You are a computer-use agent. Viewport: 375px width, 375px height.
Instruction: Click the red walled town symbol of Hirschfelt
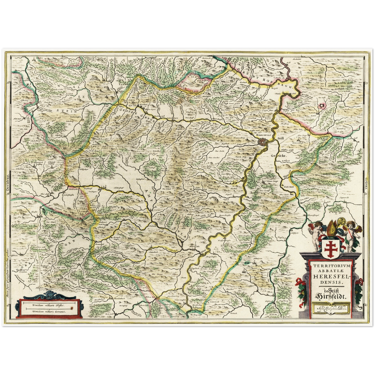click(263, 142)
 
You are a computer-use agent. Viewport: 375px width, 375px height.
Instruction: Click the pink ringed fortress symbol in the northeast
click(322, 105)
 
